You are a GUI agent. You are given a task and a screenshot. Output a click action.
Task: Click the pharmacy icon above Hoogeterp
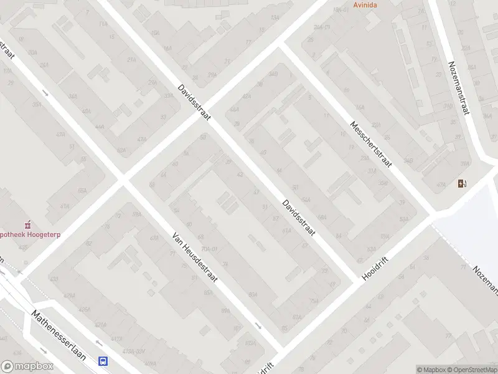(x=27, y=224)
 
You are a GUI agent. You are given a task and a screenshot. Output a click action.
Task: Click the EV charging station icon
(x=461, y=183)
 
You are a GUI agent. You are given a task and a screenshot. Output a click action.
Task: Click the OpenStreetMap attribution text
(x=472, y=370)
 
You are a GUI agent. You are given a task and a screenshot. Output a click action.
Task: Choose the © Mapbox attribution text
(x=431, y=370)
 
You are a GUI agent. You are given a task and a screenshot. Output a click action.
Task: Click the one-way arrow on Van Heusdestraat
(x=258, y=325)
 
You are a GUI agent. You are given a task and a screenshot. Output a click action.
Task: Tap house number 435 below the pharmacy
(x=23, y=247)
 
